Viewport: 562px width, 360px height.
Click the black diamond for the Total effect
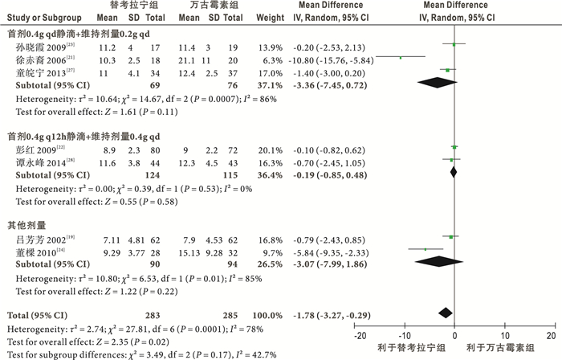pyautogui.click(x=446, y=312)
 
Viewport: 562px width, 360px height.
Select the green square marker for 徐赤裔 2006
pyautogui.click(x=401, y=57)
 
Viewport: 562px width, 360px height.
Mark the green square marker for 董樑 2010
pyautogui.click(x=426, y=250)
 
